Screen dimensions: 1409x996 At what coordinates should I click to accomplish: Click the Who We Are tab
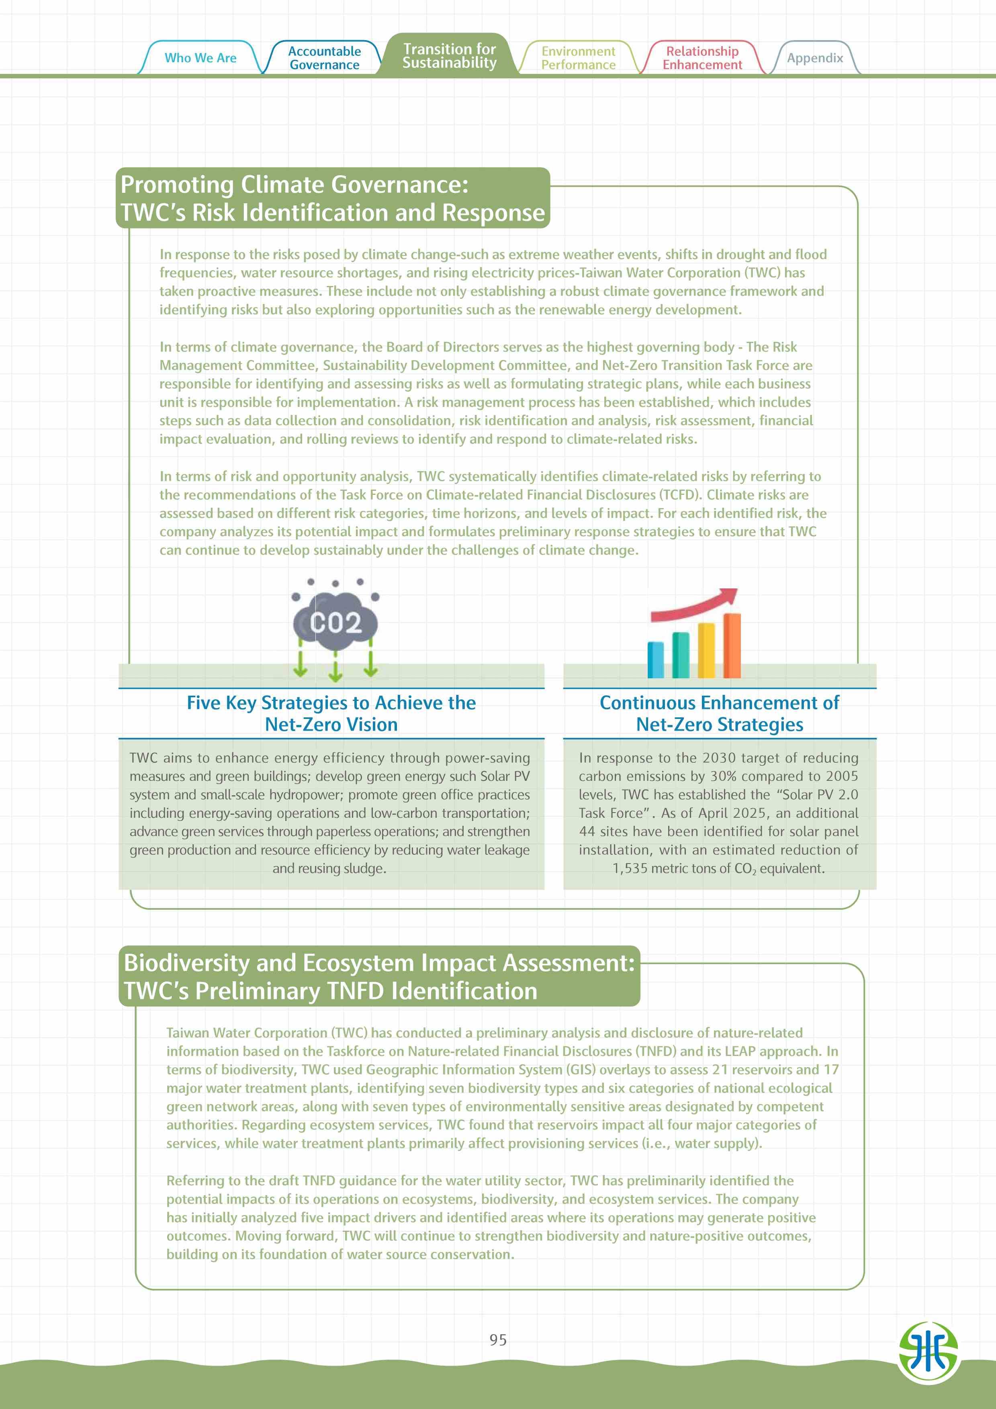pyautogui.click(x=200, y=58)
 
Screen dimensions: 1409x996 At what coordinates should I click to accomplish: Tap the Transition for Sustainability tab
pyautogui.click(x=449, y=56)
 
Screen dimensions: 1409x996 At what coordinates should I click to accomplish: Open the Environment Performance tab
pyautogui.click(x=578, y=58)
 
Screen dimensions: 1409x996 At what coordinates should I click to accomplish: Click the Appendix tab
pyautogui.click(x=814, y=58)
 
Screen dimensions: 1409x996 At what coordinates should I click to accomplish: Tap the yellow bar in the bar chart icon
pyautogui.click(x=706, y=651)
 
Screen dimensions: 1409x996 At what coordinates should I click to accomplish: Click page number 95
pyautogui.click(x=498, y=1340)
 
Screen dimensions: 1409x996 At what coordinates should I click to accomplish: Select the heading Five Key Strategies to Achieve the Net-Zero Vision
pyautogui.click(x=331, y=713)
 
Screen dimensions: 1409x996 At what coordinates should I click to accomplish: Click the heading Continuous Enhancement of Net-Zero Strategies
pyautogui.click(x=719, y=713)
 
